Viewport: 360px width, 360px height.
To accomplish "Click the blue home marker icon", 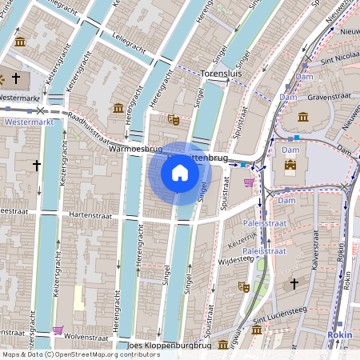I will click(180, 173).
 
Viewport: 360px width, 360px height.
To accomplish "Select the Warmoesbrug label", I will click(136, 149).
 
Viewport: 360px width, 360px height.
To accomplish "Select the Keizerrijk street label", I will click(242, 241).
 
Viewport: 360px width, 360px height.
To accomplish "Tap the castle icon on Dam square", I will click(290, 167).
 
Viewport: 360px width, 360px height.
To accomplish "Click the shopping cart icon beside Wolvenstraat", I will click(58, 330).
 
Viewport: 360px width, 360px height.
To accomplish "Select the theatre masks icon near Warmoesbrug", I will click(173, 120).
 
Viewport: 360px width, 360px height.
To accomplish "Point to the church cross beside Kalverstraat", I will click(294, 283).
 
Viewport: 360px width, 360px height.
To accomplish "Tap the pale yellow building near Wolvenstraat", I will click(78, 298).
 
